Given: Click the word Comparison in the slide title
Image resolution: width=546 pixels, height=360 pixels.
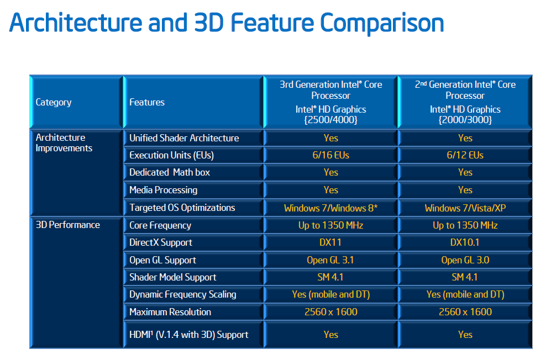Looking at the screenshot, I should [382, 23].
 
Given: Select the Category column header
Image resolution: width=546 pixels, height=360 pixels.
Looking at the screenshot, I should [54, 102].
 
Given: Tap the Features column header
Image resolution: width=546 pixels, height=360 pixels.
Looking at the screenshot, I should [147, 102].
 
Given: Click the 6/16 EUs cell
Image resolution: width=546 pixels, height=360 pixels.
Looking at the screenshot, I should [330, 155].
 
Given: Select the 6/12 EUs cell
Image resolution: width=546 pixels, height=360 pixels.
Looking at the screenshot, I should [465, 155].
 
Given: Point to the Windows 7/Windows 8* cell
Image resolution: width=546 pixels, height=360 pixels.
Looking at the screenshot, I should [330, 208].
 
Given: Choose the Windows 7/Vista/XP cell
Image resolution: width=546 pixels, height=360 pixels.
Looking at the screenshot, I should [465, 208].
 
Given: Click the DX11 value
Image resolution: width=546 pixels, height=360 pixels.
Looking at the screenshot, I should [330, 242].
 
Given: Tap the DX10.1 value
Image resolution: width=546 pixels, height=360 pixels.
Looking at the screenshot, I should [465, 242].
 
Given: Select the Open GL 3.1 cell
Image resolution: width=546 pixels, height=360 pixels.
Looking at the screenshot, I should [330, 260].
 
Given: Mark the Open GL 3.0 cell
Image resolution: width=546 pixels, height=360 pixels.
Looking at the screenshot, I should [465, 260].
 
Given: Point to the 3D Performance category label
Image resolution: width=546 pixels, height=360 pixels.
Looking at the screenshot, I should [68, 225].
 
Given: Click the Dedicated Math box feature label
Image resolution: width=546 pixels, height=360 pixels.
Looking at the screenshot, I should [170, 173].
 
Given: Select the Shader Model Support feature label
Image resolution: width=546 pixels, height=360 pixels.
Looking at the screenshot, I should [173, 277].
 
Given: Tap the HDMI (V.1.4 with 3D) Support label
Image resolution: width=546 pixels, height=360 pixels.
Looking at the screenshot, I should [188, 335].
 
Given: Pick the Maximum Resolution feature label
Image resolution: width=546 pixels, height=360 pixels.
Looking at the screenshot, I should [170, 312].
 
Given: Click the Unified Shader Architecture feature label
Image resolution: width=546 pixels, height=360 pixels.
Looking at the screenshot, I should [184, 138].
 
